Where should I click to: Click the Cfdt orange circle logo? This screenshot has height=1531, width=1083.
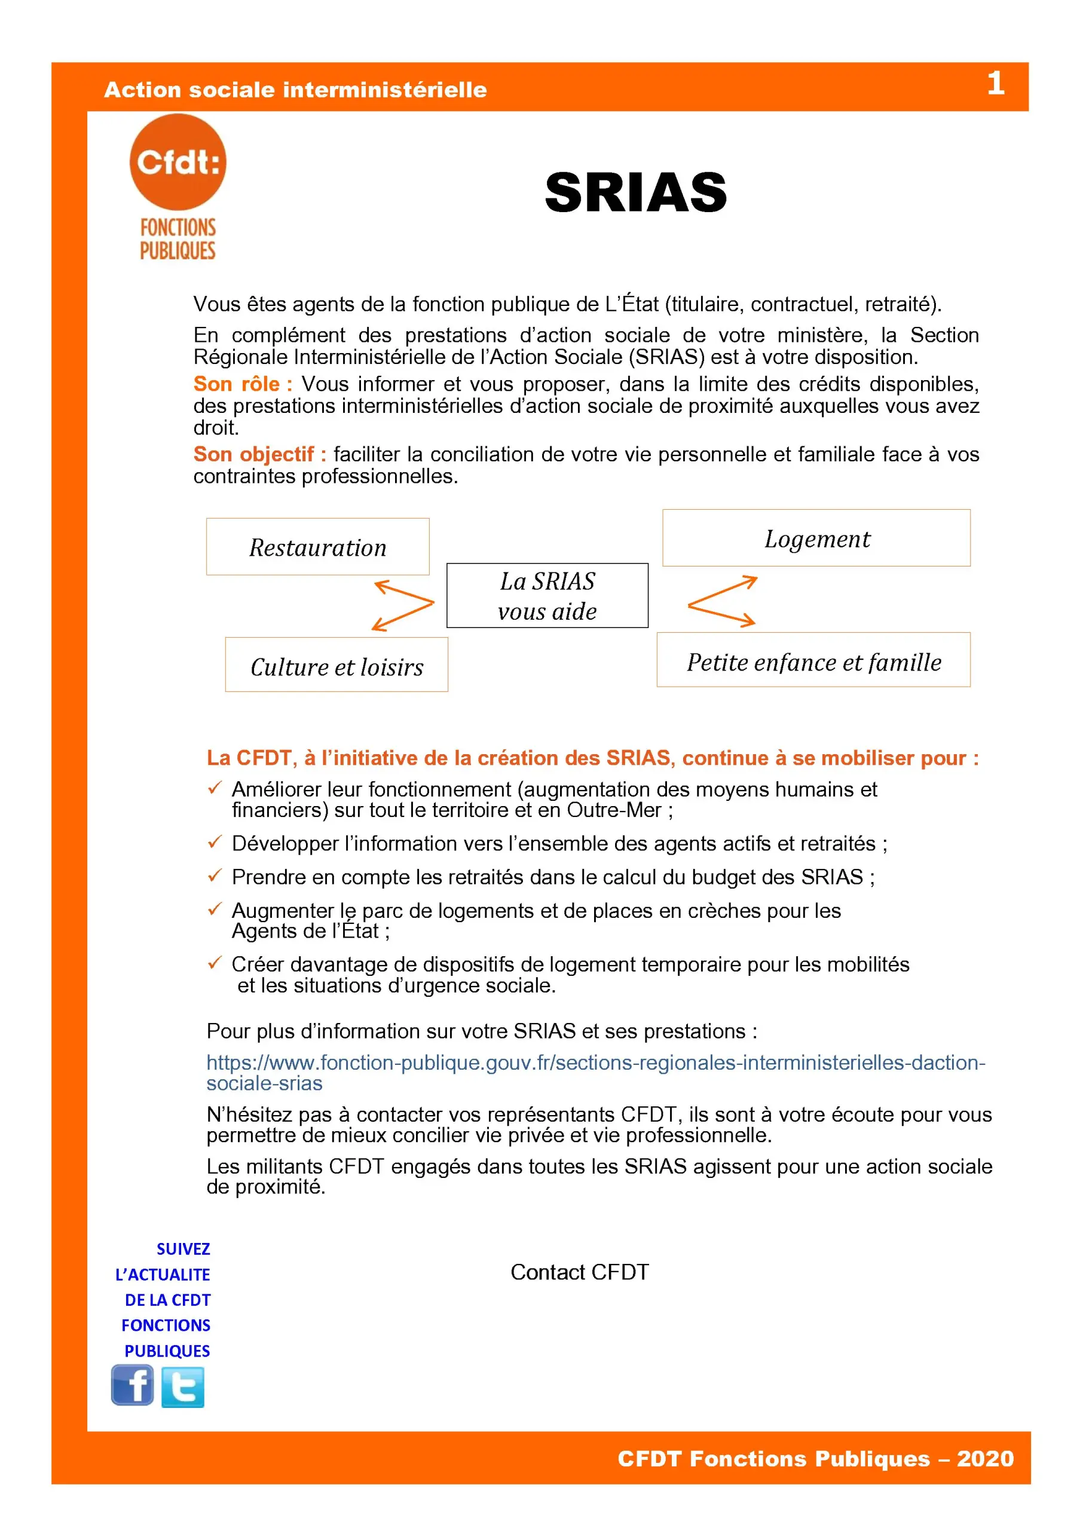[x=178, y=162]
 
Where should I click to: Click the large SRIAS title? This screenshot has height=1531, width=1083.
[x=635, y=192]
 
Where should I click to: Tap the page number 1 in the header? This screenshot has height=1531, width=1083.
[x=995, y=84]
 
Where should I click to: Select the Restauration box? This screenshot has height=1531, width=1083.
[x=317, y=547]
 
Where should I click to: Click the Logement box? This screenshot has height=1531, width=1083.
[x=816, y=538]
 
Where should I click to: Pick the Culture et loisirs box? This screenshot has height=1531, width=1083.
[x=336, y=665]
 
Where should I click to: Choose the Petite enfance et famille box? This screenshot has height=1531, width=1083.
[x=813, y=660]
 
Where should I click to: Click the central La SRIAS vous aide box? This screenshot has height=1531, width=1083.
[x=547, y=595]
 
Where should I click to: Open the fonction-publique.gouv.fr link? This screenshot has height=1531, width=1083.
[x=595, y=1063]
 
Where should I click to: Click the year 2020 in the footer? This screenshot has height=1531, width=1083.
[x=985, y=1458]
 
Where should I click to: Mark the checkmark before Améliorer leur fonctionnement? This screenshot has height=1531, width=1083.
[x=214, y=788]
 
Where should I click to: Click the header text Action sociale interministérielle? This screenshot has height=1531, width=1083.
[x=295, y=90]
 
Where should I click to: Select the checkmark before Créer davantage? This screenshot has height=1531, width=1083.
[x=214, y=963]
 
